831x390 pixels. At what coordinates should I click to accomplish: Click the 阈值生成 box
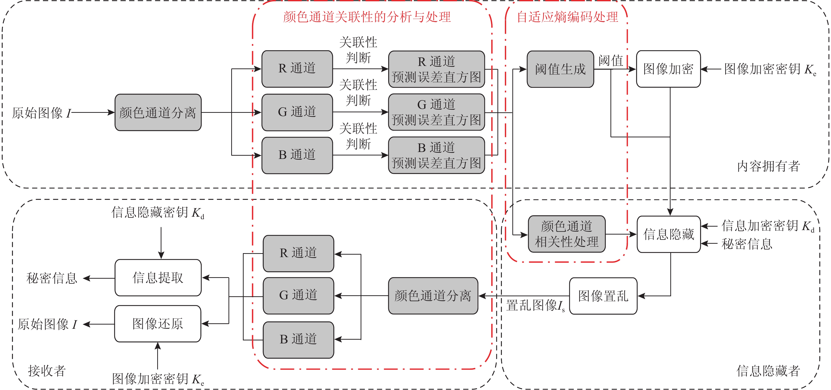tap(560, 69)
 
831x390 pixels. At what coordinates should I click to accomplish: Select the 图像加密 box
tap(668, 69)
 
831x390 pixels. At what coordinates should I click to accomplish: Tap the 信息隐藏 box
tap(668, 234)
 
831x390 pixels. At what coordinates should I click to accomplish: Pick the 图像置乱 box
tap(603, 296)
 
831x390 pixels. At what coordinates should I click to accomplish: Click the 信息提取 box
tap(158, 278)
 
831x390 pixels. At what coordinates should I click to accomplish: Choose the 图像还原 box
tap(157, 324)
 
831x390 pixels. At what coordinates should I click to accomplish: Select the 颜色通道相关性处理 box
tap(567, 234)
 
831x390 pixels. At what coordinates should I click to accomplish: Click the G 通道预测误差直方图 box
tap(436, 112)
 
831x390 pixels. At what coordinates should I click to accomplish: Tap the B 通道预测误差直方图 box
tap(436, 155)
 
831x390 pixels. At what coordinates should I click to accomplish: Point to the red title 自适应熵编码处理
tap(567, 17)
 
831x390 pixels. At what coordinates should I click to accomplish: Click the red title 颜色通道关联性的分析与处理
tap(367, 17)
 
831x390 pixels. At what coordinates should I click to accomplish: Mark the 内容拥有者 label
tap(768, 166)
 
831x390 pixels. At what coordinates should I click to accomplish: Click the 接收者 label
tap(47, 371)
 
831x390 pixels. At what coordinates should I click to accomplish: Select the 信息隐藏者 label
tap(768, 371)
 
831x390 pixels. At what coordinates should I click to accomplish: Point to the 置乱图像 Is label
tap(535, 305)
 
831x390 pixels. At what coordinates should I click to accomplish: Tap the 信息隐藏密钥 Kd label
tap(157, 212)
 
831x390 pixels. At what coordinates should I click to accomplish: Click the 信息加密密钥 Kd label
tap(767, 226)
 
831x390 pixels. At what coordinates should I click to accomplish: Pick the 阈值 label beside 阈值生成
tap(611, 60)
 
